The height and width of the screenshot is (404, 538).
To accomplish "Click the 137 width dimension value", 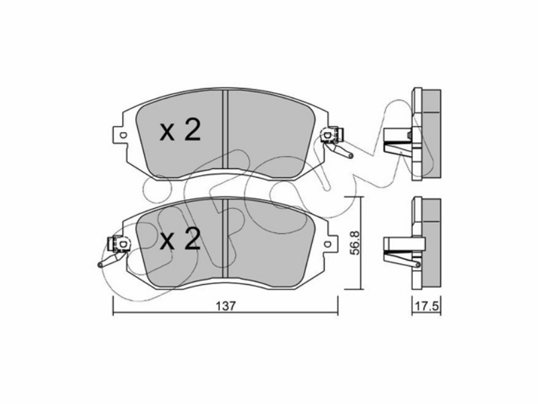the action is click(227, 306).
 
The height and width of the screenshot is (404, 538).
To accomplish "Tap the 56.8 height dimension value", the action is click(354, 242).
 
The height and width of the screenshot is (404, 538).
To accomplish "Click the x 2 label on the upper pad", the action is click(180, 130).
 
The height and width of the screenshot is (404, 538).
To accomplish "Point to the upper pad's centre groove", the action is click(225, 130).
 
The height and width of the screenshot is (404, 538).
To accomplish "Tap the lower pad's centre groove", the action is click(225, 239).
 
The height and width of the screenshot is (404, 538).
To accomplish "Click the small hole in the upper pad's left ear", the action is click(124, 135).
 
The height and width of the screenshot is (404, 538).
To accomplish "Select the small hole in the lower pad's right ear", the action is click(328, 244).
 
